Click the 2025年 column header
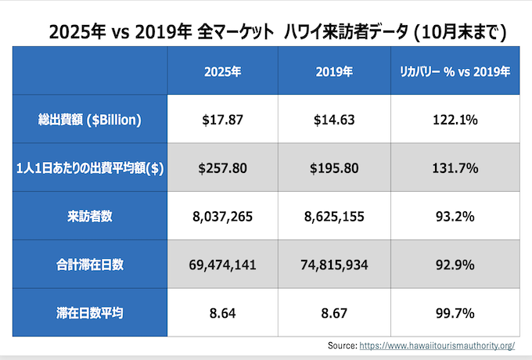222,71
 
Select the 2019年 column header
335,71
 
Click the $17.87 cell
222,120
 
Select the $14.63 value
335,120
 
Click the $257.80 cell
222,168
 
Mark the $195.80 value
335,168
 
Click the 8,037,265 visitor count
222,217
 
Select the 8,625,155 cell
335,217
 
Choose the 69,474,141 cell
222,265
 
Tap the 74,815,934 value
335,265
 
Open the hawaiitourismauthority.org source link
447,345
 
